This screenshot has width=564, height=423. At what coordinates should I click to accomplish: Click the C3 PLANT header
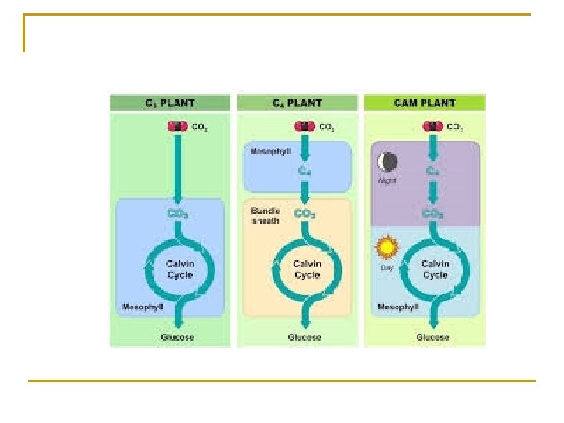169,103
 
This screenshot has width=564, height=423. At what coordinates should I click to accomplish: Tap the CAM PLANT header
424,103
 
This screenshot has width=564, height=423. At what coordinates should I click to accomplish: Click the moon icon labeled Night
386,162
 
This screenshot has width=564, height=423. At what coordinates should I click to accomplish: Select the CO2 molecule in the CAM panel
431,126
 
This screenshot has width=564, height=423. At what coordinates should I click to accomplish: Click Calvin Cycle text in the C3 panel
179,270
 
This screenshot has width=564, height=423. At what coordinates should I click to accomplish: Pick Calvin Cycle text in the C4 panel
307,270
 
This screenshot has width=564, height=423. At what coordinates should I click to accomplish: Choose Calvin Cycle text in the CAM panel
435,270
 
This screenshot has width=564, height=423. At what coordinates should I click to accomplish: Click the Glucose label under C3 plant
178,338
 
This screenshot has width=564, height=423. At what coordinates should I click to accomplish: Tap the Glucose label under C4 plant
305,338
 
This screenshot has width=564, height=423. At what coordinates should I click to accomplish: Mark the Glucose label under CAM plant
433,338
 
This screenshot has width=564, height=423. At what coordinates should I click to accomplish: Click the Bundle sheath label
264,216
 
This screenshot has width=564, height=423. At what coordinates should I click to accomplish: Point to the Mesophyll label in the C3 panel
141,306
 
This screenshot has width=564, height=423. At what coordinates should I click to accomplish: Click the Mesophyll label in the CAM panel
397,306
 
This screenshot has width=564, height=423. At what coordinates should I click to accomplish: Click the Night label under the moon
386,179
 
